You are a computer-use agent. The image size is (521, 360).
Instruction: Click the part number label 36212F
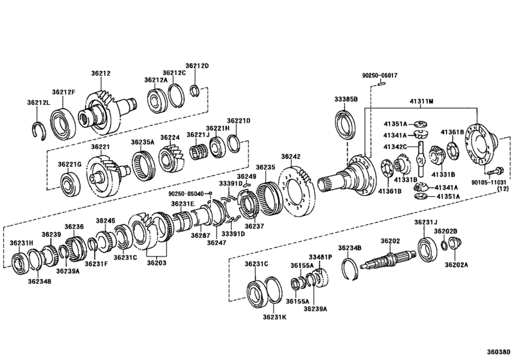click(64, 92)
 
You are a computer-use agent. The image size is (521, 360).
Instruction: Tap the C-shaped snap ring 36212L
click(41, 128)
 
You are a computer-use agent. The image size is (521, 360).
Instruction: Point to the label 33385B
click(345, 99)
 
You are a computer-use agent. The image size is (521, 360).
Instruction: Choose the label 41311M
click(422, 102)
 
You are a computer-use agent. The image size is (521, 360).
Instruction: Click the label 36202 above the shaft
click(390, 240)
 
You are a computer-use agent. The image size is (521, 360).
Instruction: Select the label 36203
click(156, 262)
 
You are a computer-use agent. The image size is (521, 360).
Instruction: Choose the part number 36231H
click(21, 242)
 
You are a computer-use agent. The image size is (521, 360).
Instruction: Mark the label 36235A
click(143, 142)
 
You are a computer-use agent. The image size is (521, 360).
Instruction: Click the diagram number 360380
click(502, 352)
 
